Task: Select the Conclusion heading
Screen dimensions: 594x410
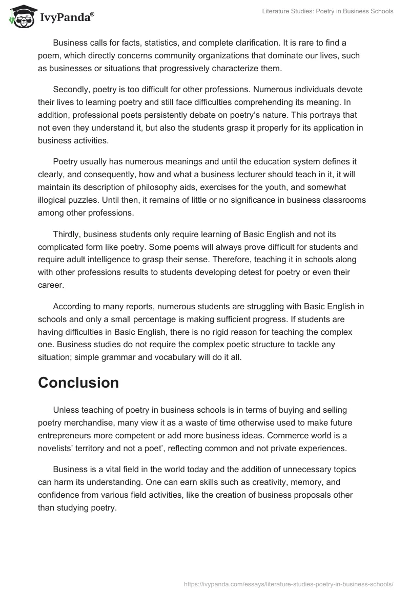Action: pyautogui.click(x=78, y=383)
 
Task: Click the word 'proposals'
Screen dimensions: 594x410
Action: pyautogui.click(x=311, y=495)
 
